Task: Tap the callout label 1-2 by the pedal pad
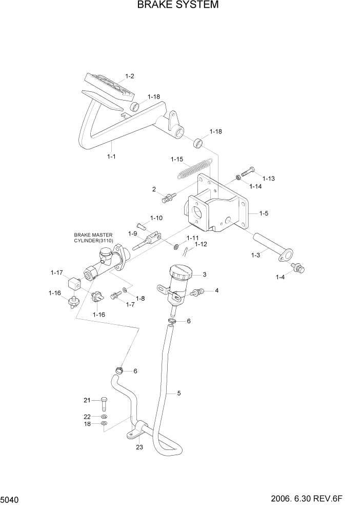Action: point(129,76)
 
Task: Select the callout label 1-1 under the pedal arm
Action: point(111,156)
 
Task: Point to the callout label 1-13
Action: point(269,179)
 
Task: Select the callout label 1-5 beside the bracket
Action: point(264,213)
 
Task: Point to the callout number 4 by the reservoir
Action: point(217,290)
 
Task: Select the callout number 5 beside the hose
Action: point(178,394)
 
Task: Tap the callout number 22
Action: point(87,416)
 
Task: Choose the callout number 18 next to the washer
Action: point(87,424)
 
